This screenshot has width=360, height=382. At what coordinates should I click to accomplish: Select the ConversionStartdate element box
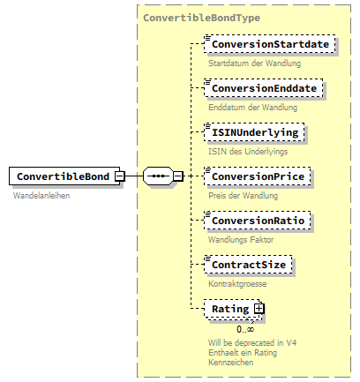(x=270, y=45)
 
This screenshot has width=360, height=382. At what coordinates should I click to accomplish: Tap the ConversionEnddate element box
(x=263, y=89)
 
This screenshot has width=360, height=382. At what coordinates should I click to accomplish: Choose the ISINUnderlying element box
(x=255, y=132)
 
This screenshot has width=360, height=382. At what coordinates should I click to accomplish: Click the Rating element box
(x=229, y=309)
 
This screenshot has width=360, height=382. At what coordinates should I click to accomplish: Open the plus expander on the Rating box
(x=259, y=309)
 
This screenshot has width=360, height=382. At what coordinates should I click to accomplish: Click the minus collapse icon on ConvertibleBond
(x=118, y=176)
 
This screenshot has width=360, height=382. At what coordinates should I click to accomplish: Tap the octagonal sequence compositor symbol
(x=158, y=176)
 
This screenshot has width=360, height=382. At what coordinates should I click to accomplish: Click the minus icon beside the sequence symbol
(x=177, y=176)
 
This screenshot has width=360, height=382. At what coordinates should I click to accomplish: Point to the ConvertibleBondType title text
(x=201, y=18)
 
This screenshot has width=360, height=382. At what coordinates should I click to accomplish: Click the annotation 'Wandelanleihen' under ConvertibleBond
(x=41, y=195)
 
